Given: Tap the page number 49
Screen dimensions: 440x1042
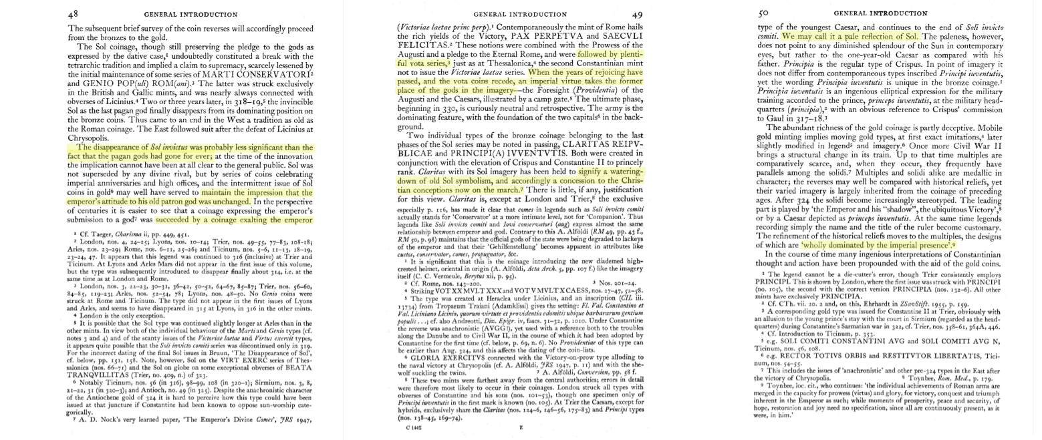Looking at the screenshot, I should (637, 14).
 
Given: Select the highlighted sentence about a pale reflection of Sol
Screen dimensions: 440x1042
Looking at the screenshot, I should (851, 36).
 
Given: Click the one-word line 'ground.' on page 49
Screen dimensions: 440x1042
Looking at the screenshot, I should (411, 126).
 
